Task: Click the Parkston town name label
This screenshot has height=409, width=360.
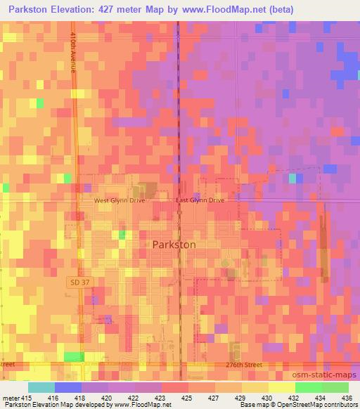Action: pyautogui.click(x=174, y=244)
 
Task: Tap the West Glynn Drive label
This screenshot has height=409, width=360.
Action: pyautogui.click(x=120, y=200)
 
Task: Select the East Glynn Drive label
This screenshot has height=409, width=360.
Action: pyautogui.click(x=200, y=200)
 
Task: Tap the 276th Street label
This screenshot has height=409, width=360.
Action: pyautogui.click(x=239, y=365)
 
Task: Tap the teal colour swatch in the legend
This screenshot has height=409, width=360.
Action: pyautogui.click(x=41, y=387)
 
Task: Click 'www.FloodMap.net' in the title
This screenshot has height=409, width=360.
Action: pyautogui.click(x=218, y=9)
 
